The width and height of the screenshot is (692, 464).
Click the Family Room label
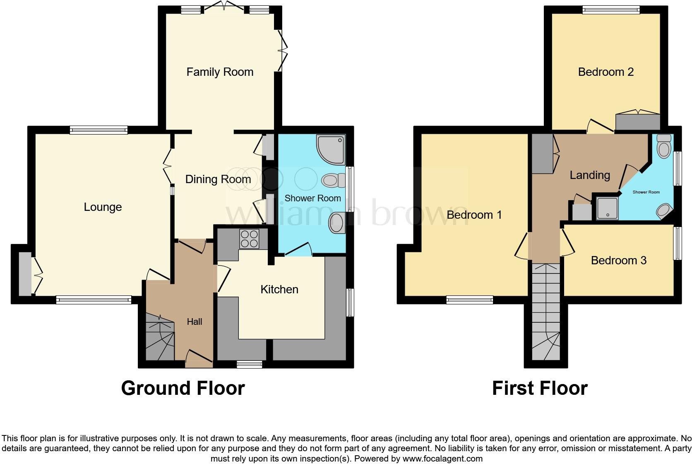click(220, 72)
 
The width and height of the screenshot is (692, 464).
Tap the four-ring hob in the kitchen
click(249, 239)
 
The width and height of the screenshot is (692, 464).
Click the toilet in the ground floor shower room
click(334, 180)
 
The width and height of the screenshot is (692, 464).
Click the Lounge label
click(103, 207)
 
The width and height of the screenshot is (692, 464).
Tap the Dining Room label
click(218, 179)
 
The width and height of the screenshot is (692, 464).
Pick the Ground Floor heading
click(183, 388)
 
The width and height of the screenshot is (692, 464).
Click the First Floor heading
click(540, 388)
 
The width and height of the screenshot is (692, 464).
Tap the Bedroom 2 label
click(605, 72)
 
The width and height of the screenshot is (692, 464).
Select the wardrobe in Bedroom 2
click(637, 122)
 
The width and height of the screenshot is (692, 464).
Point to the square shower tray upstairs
click(607, 208)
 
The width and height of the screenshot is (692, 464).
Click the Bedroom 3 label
click(619, 261)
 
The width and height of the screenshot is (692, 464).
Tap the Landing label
click(590, 175)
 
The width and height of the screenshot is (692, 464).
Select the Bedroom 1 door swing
click(522, 247)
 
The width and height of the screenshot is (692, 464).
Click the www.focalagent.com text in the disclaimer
click(442, 459)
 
